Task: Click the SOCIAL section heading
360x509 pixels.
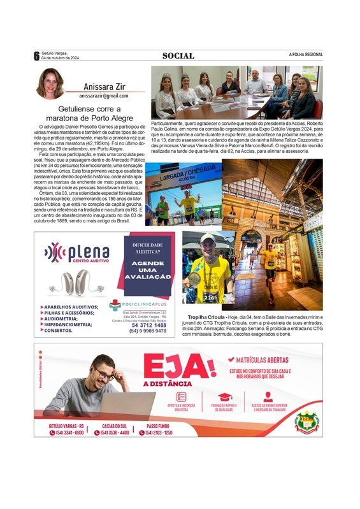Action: pos(178,55)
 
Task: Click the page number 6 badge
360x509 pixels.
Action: pos(36,55)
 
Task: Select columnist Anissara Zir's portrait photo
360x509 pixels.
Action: pos(49,83)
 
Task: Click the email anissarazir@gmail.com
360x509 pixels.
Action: pos(103,96)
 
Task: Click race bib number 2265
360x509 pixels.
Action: pos(211,297)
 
